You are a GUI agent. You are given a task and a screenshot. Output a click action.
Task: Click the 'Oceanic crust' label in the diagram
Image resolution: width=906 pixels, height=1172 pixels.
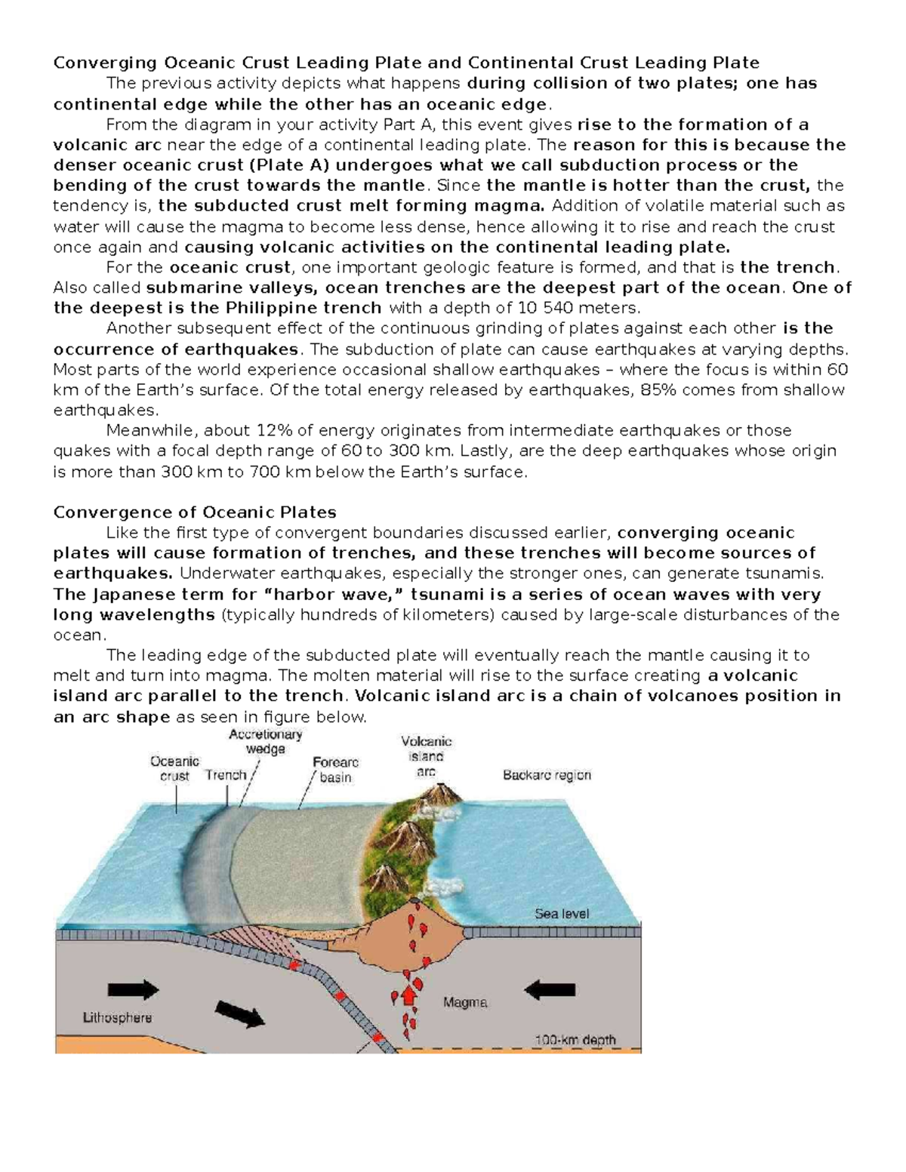(175, 768)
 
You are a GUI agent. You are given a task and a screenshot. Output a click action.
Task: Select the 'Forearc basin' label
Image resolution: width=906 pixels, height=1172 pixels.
(335, 770)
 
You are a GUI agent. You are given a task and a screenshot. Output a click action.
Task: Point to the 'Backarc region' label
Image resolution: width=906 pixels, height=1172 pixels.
(547, 775)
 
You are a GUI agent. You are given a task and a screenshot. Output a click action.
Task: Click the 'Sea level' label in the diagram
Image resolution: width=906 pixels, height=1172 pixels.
(562, 914)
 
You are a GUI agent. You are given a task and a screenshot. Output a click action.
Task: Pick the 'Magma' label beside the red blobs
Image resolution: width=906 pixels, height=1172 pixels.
(464, 1003)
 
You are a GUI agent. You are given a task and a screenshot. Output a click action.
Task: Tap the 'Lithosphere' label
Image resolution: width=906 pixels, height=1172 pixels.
(117, 1017)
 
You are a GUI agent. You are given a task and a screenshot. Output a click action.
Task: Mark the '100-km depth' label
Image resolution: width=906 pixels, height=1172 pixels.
(575, 1039)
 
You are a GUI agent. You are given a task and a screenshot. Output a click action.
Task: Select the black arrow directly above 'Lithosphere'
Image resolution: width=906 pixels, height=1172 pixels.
(133, 989)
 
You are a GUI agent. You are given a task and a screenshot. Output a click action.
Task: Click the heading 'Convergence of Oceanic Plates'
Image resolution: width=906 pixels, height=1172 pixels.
(195, 512)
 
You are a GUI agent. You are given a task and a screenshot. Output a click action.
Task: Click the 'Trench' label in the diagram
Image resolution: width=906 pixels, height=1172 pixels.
(226, 775)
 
